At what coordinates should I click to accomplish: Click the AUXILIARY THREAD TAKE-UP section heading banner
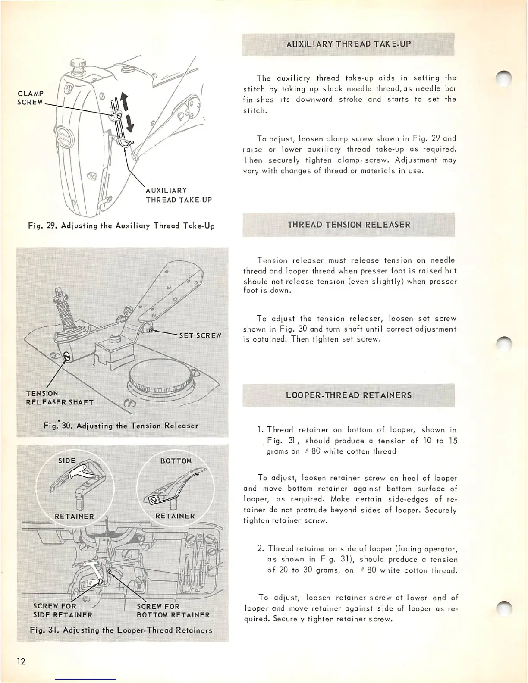click(x=349, y=44)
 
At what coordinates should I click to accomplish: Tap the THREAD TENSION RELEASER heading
click(x=349, y=225)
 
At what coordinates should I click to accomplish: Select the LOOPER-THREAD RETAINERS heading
click(x=349, y=395)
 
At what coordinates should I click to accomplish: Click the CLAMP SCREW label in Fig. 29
click(x=31, y=98)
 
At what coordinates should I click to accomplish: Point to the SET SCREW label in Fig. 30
click(x=200, y=335)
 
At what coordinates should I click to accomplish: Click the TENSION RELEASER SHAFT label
click(x=60, y=398)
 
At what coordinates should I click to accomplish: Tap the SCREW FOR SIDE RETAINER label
click(x=63, y=611)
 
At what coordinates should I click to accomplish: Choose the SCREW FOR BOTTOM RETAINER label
click(x=173, y=611)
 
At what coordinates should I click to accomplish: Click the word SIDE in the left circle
click(x=67, y=461)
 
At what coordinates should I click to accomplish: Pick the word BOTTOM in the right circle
click(x=176, y=461)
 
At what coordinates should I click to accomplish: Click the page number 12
click(x=21, y=661)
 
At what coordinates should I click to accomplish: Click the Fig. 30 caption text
click(x=121, y=426)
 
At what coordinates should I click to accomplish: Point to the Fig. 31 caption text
click(x=121, y=630)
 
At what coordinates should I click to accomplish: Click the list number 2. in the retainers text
click(x=261, y=548)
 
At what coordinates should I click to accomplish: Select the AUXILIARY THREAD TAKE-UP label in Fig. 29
click(x=179, y=195)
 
